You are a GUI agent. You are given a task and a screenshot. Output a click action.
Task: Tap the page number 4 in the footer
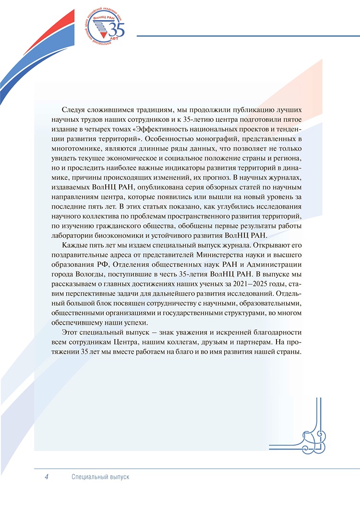[x=47, y=477]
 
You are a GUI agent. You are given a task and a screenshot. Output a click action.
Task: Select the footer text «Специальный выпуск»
[x=100, y=477]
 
